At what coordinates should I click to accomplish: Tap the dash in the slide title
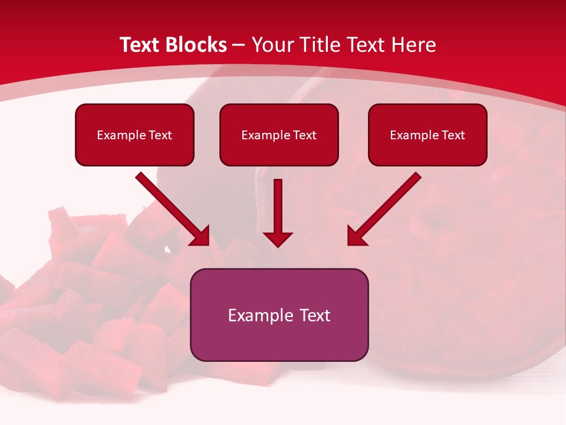click(x=239, y=45)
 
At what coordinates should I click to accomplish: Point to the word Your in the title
click(x=272, y=45)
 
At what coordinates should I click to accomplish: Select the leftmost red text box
click(x=134, y=135)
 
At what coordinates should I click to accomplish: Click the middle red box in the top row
click(x=279, y=135)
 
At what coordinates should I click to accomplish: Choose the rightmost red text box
click(x=427, y=135)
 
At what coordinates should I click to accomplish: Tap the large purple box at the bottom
click(x=279, y=315)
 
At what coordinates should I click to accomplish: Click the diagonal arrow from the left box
click(x=171, y=208)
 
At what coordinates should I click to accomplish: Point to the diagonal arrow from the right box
click(x=386, y=208)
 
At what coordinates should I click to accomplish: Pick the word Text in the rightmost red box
click(x=453, y=135)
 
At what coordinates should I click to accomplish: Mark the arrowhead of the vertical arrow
click(x=278, y=238)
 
